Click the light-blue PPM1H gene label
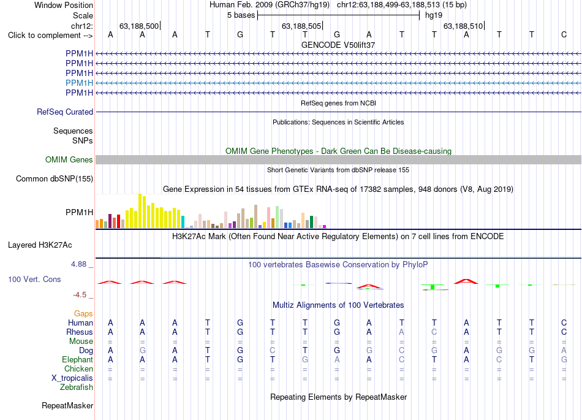[x=79, y=83]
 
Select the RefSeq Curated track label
[x=65, y=112]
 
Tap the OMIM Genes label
[x=69, y=159]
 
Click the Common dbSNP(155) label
[x=55, y=178]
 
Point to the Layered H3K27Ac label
[x=40, y=245]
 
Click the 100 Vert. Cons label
[x=34, y=279]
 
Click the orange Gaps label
[x=83, y=314]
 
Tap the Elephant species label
[x=78, y=359]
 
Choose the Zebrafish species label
[x=77, y=387]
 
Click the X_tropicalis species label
[x=72, y=378]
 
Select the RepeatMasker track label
[x=67, y=405]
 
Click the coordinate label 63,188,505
[x=301, y=26]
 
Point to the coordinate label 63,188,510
[x=463, y=26]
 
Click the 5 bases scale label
[x=241, y=15]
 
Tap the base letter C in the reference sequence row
[x=564, y=34]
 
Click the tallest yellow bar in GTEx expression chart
[x=140, y=211]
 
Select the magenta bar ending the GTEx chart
[x=325, y=226]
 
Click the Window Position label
[x=64, y=5]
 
